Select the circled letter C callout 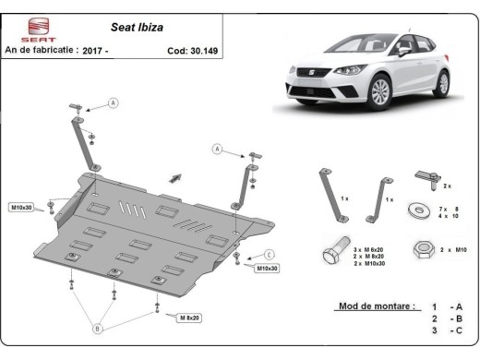pos(269,254)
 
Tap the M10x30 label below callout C pos(268,269)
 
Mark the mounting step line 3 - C pos(442,330)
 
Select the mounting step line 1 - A pos(442,306)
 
